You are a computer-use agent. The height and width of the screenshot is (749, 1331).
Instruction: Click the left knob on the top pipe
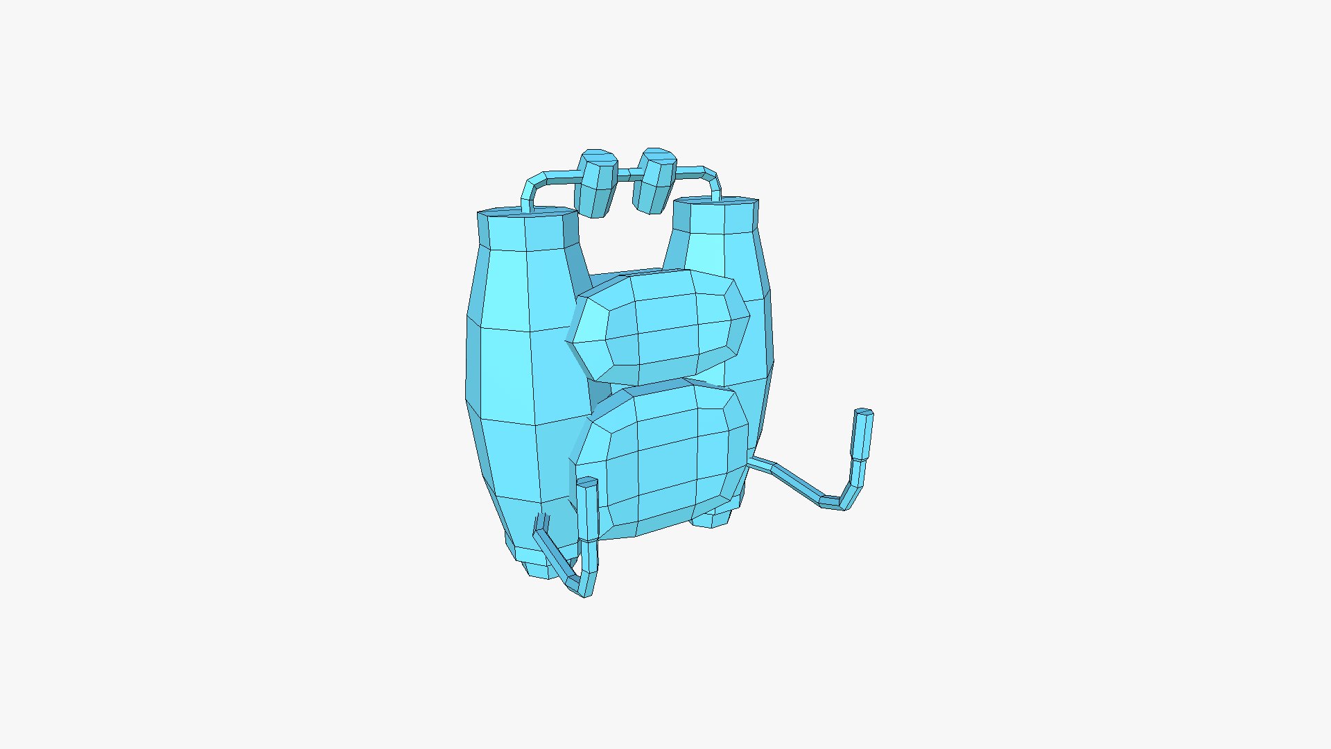pos(598,184)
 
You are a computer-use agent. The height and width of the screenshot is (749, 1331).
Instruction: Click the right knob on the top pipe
pos(655,180)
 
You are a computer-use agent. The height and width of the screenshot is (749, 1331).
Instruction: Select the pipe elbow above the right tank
pos(713,178)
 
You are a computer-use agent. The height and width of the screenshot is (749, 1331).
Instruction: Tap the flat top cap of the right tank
pos(715,202)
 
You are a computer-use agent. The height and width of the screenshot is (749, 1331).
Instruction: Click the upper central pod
pos(665,326)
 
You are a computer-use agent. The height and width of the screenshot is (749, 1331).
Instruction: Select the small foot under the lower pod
pos(713,519)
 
